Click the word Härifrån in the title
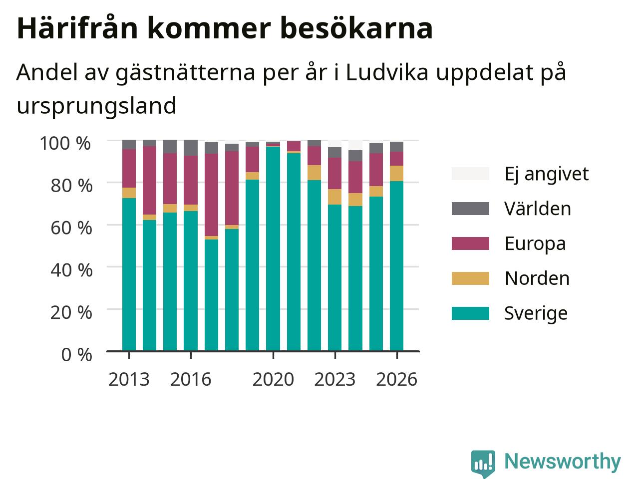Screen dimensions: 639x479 pyautogui.click(x=77, y=28)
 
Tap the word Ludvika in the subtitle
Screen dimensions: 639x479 pyautogui.click(x=387, y=72)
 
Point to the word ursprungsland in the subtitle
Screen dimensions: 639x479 pyautogui.click(x=97, y=106)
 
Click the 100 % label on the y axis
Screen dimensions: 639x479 pyautogui.click(x=65, y=143)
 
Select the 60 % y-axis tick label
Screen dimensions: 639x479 pyautogui.click(x=71, y=228)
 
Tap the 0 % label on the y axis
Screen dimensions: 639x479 pyautogui.click(x=76, y=355)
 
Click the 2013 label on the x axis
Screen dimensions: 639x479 pyautogui.click(x=129, y=380)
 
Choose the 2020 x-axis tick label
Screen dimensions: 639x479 pyautogui.click(x=273, y=380)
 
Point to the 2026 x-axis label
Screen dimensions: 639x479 pyautogui.click(x=396, y=380)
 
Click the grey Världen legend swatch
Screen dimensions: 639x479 pyautogui.click(x=470, y=209)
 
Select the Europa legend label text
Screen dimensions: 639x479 pyautogui.click(x=535, y=243)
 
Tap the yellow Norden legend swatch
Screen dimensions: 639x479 pyautogui.click(x=470, y=278)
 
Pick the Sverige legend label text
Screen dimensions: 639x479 pyautogui.click(x=536, y=313)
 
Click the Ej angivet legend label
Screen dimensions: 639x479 pyautogui.click(x=547, y=174)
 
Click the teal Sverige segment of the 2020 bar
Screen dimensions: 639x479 pyautogui.click(x=273, y=248)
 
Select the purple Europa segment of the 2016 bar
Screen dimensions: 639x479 pyautogui.click(x=191, y=180)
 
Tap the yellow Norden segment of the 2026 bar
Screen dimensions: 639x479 pyautogui.click(x=396, y=173)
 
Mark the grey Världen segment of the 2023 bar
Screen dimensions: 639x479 pyautogui.click(x=335, y=152)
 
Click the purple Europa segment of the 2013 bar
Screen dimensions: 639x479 pyautogui.click(x=129, y=168)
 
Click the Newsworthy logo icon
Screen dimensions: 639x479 pyautogui.click(x=483, y=464)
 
